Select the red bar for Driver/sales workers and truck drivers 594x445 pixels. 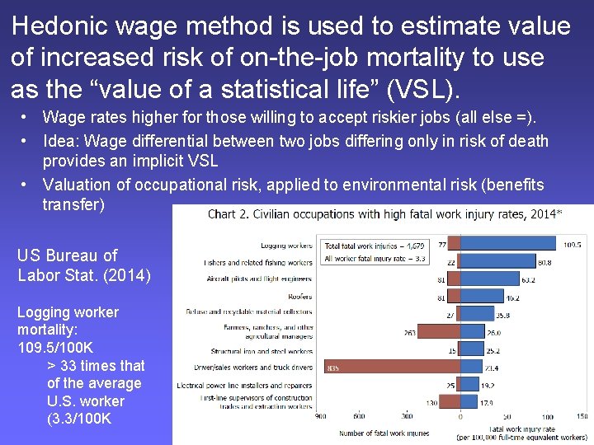click(392, 368)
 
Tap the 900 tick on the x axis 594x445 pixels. click(321, 416)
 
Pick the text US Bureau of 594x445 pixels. click(67, 255)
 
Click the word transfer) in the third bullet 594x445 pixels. click(73, 204)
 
